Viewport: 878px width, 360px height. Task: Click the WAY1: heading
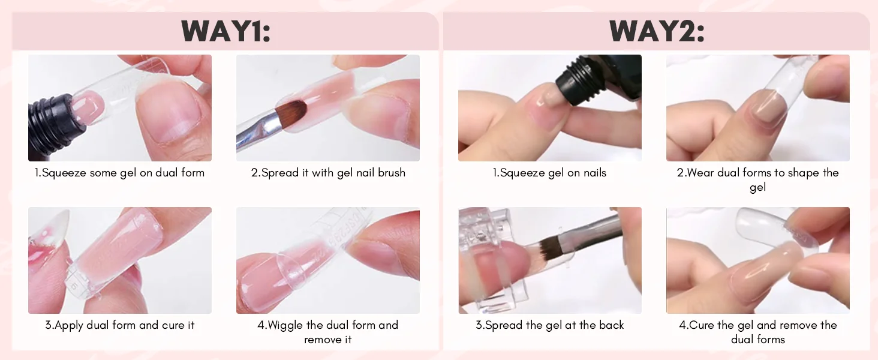(x=225, y=31)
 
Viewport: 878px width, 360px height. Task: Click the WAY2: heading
(x=657, y=31)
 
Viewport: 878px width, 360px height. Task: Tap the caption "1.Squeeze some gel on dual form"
(x=119, y=173)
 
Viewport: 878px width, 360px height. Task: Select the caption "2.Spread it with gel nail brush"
(x=328, y=173)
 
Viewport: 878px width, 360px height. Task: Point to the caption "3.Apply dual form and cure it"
(x=119, y=325)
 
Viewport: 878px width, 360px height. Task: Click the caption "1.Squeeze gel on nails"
(x=549, y=173)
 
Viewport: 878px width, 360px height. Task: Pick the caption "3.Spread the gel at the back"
(x=549, y=325)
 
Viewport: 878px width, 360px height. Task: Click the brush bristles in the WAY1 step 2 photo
(x=291, y=112)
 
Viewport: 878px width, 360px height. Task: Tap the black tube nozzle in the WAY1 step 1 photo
(x=55, y=118)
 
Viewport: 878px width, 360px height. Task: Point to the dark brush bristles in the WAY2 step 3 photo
(x=551, y=244)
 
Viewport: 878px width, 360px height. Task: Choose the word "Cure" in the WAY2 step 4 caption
(x=702, y=325)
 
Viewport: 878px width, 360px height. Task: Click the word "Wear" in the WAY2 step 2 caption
(x=700, y=173)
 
